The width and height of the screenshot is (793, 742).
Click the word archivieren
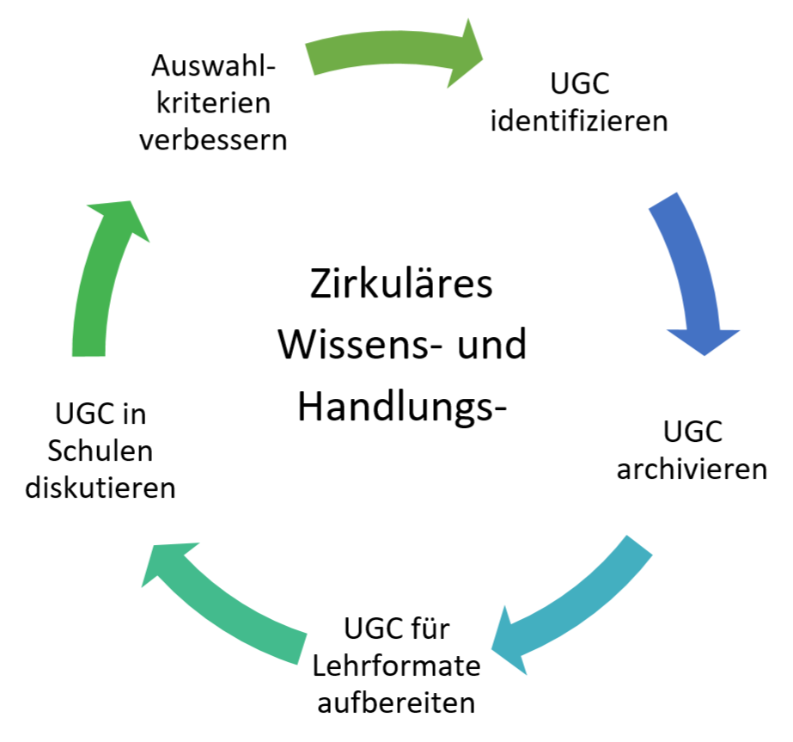click(692, 469)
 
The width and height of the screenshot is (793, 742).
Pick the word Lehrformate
click(396, 666)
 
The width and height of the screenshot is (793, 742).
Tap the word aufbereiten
click(396, 702)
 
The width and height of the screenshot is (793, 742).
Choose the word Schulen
click(101, 451)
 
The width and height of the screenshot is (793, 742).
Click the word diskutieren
click(101, 488)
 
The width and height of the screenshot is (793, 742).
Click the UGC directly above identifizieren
click(577, 83)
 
